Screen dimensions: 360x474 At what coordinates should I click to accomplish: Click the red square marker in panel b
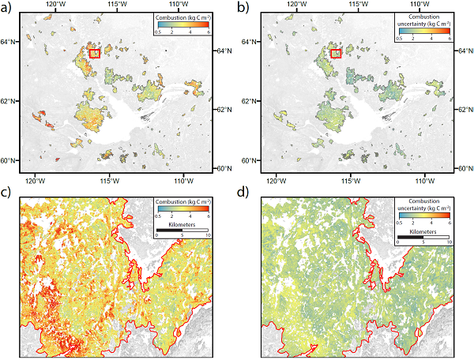click(x=335, y=54)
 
